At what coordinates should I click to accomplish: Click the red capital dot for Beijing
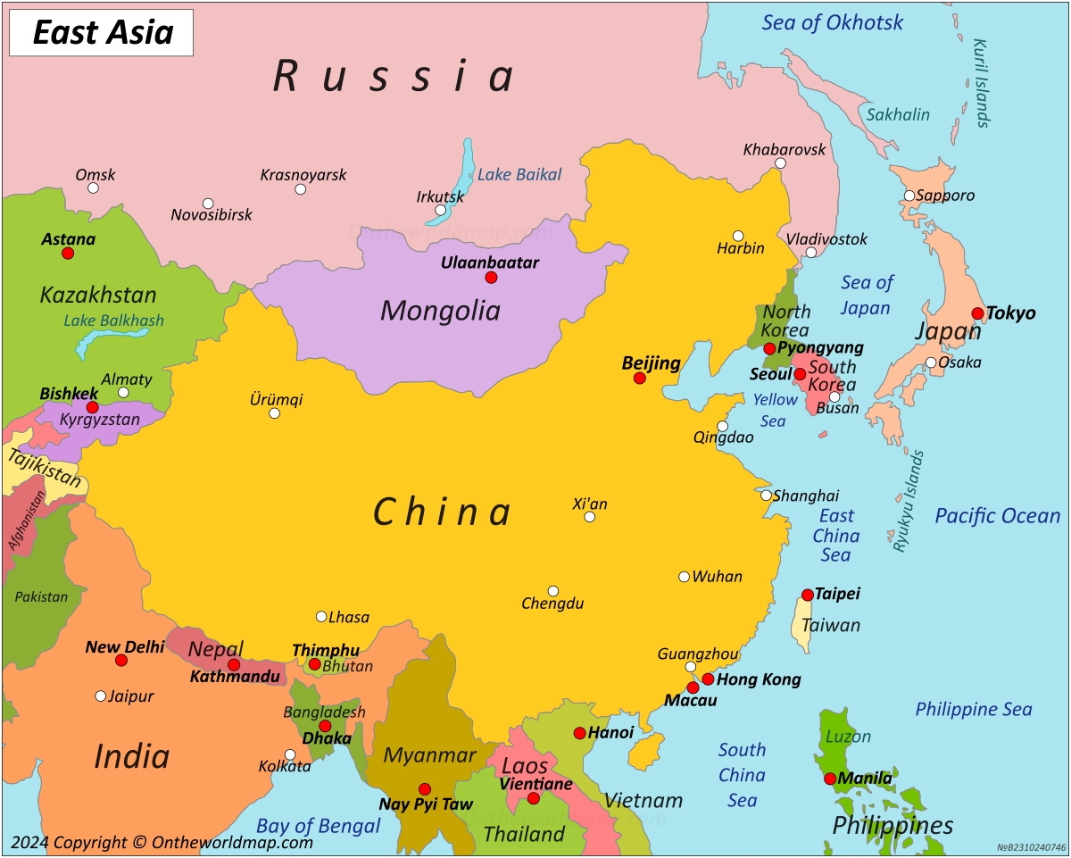point(640,379)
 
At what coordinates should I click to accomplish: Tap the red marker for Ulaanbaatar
point(491,278)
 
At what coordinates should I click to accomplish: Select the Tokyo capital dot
point(978,313)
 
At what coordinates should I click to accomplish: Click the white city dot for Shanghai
point(767,496)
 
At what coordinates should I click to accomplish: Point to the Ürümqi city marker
point(275,413)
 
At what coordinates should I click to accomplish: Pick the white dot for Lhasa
point(321,617)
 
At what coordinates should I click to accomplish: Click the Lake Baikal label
point(519,175)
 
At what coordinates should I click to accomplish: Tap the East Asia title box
point(102,33)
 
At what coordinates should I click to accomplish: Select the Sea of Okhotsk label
point(832,23)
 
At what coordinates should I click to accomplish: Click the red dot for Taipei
point(808,595)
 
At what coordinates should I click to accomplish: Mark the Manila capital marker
point(830,779)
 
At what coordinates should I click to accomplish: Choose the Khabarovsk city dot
point(780,163)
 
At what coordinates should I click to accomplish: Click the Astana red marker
point(68,254)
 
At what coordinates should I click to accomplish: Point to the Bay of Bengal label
point(319,827)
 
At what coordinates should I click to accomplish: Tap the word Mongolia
point(440,311)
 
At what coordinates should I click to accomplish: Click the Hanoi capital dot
point(580,733)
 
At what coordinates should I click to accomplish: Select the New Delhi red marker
point(121,661)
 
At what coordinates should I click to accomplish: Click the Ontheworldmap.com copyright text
point(162,842)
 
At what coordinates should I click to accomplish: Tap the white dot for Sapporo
point(909,196)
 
